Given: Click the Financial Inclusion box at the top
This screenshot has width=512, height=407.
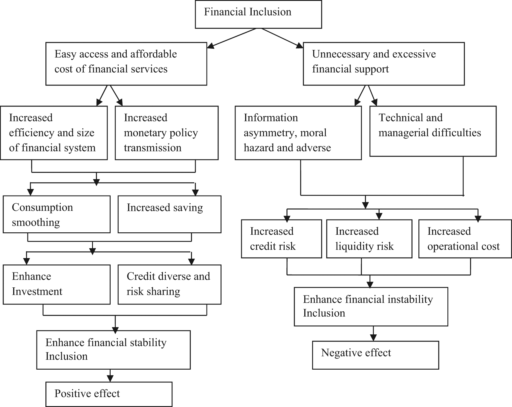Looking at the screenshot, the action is pyautogui.click(x=258, y=14).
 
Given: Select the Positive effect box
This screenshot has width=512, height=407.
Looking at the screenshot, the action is pyautogui.click(x=109, y=394).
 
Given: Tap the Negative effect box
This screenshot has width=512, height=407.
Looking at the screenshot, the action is pyautogui.click(x=375, y=355).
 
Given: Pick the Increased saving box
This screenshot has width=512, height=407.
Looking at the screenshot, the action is pyautogui.click(x=169, y=214).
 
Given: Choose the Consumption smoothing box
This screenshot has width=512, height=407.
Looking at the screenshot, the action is pyautogui.click(x=56, y=214).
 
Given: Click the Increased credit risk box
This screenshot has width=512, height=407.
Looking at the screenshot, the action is pyautogui.click(x=282, y=239).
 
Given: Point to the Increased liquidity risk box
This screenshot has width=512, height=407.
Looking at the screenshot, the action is pyautogui.click(x=369, y=239).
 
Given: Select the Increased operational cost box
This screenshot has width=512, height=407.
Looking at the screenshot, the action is pyautogui.click(x=465, y=239).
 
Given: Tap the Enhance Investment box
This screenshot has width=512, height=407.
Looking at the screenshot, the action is pyautogui.click(x=56, y=284).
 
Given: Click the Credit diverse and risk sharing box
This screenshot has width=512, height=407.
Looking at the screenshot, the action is pyautogui.click(x=169, y=284).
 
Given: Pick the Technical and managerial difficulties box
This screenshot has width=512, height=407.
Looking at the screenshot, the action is pyautogui.click(x=433, y=131).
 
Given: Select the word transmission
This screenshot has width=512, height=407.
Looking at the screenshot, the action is pyautogui.click(x=152, y=148).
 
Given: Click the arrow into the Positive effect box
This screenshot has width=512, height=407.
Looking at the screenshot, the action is pyautogui.click(x=110, y=376).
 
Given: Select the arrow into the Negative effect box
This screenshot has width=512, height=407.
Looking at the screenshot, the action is pyautogui.click(x=373, y=333).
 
